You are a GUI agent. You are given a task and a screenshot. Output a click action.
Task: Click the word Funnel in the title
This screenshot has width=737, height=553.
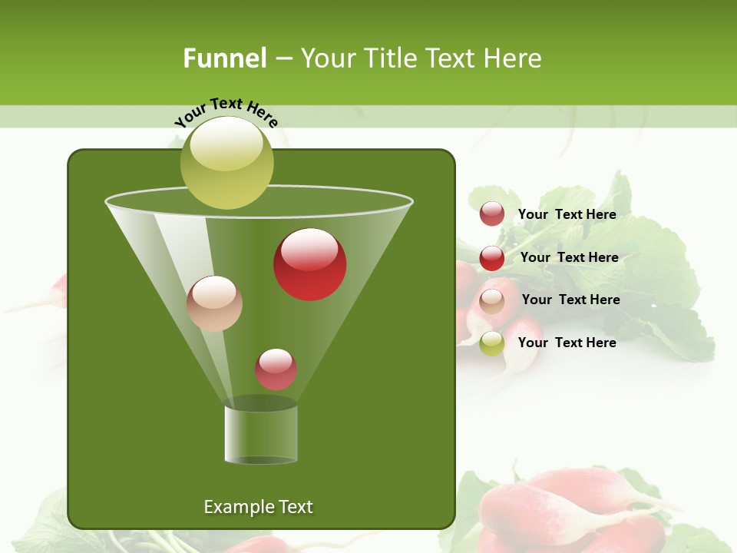click(224, 58)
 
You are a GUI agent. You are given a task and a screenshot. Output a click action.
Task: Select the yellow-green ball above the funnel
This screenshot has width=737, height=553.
click(227, 163)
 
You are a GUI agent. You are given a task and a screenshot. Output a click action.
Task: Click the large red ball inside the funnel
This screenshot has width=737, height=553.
click(310, 264)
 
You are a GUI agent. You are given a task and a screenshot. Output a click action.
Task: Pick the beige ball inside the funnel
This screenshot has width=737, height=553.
click(214, 303)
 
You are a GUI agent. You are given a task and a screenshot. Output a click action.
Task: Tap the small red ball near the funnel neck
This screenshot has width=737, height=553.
click(276, 369)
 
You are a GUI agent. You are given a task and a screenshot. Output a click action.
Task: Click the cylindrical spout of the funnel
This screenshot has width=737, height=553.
click(261, 434)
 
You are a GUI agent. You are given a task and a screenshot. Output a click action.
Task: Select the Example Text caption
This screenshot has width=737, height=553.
click(259, 507)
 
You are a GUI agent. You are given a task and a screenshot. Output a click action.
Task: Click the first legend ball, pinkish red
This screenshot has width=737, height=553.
click(492, 214)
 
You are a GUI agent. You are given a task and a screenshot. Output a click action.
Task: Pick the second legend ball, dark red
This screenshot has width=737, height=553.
click(492, 258)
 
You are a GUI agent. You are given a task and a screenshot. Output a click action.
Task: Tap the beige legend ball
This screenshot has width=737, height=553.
click(492, 301)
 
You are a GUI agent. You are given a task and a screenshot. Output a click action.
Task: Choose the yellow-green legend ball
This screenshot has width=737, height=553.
click(492, 343)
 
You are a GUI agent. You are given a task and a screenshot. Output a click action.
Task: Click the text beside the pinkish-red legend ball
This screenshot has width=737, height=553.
click(567, 214)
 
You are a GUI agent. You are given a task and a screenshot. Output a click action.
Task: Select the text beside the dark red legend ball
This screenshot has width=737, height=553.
click(569, 257)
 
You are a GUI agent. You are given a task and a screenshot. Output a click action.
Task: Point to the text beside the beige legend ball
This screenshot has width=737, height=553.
click(570, 300)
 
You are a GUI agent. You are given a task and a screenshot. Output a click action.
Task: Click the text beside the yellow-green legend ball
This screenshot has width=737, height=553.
click(567, 343)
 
